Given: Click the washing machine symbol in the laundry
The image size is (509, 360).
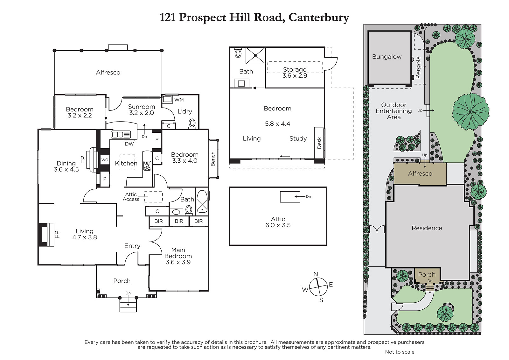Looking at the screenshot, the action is (x=167, y=99).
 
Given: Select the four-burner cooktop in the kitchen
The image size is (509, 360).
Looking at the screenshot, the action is (x=147, y=166).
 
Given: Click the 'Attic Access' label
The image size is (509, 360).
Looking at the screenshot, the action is (x=131, y=197).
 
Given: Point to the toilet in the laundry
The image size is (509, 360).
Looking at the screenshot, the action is (x=192, y=124).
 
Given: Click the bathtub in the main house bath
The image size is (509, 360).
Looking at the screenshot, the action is (x=202, y=201).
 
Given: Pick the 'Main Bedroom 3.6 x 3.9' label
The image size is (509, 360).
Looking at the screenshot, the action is (x=178, y=256).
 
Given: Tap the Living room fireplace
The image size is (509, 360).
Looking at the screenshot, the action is (x=46, y=235).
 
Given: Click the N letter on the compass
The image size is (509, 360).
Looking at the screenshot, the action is (x=316, y=274).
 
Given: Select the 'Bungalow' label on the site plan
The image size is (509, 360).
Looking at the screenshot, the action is (x=387, y=57).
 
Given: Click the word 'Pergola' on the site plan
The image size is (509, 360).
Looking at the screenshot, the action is (x=418, y=67).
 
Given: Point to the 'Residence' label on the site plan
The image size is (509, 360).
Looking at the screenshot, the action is (x=427, y=228).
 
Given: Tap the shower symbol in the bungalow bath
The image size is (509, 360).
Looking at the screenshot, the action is (x=255, y=55).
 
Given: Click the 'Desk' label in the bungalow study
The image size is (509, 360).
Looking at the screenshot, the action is (x=319, y=143).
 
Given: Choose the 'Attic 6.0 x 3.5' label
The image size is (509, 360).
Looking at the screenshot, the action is (x=278, y=222).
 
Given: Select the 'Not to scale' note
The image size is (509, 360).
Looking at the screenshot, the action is (x=400, y=352).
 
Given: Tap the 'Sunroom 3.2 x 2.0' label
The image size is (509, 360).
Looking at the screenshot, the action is (x=141, y=110).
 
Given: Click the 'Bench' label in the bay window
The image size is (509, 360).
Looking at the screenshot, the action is (x=213, y=159).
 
